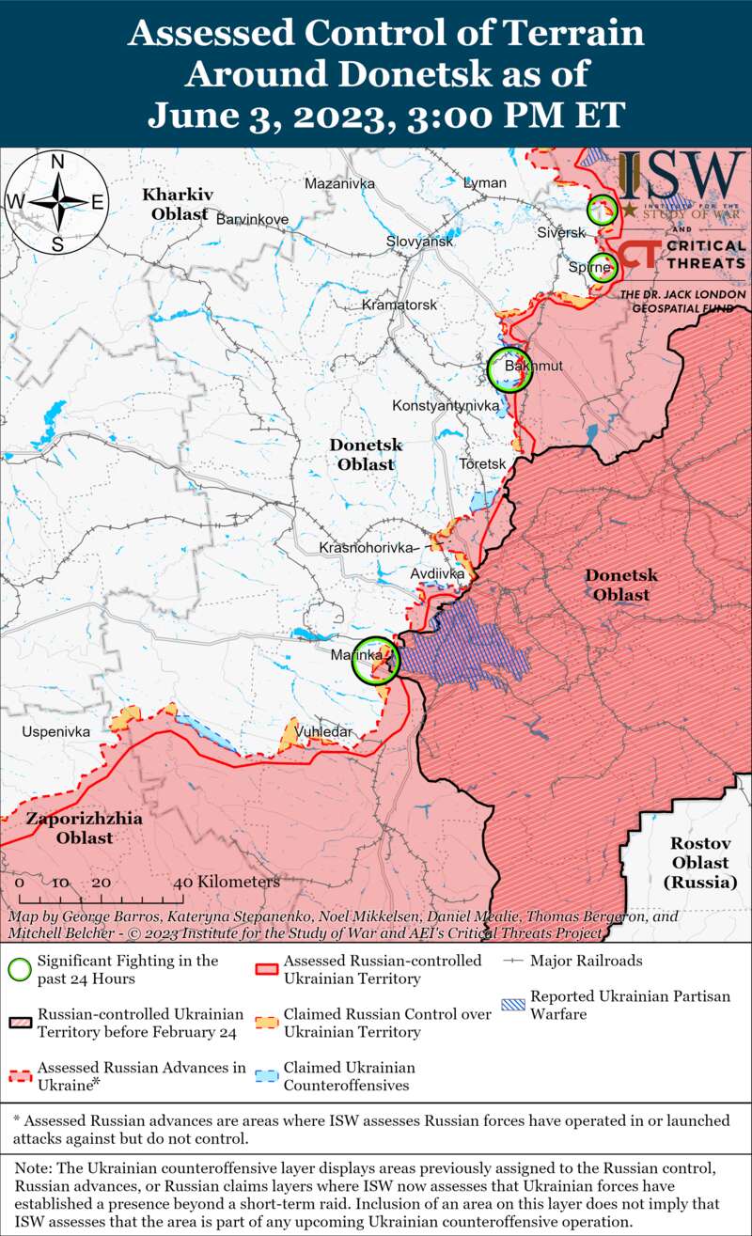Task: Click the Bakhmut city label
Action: pyautogui.click(x=533, y=366)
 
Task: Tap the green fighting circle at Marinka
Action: pyautogui.click(x=376, y=661)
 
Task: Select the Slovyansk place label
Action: pyautogui.click(x=419, y=242)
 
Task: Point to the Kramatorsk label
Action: pyautogui.click(x=399, y=305)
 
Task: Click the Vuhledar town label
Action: pyautogui.click(x=323, y=731)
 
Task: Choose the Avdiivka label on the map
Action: pyautogui.click(x=438, y=572)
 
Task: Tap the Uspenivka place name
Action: pyautogui.click(x=56, y=730)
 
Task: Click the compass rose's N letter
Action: pyautogui.click(x=57, y=162)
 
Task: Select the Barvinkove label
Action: pyautogui.click(x=252, y=219)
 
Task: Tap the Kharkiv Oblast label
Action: pyautogui.click(x=176, y=204)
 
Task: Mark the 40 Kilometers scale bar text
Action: pyautogui.click(x=227, y=883)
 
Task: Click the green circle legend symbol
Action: pyautogui.click(x=19, y=969)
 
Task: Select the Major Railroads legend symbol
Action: pyautogui.click(x=513, y=962)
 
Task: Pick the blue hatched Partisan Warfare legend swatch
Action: pyautogui.click(x=513, y=1005)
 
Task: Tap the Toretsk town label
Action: pyautogui.click(x=483, y=464)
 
